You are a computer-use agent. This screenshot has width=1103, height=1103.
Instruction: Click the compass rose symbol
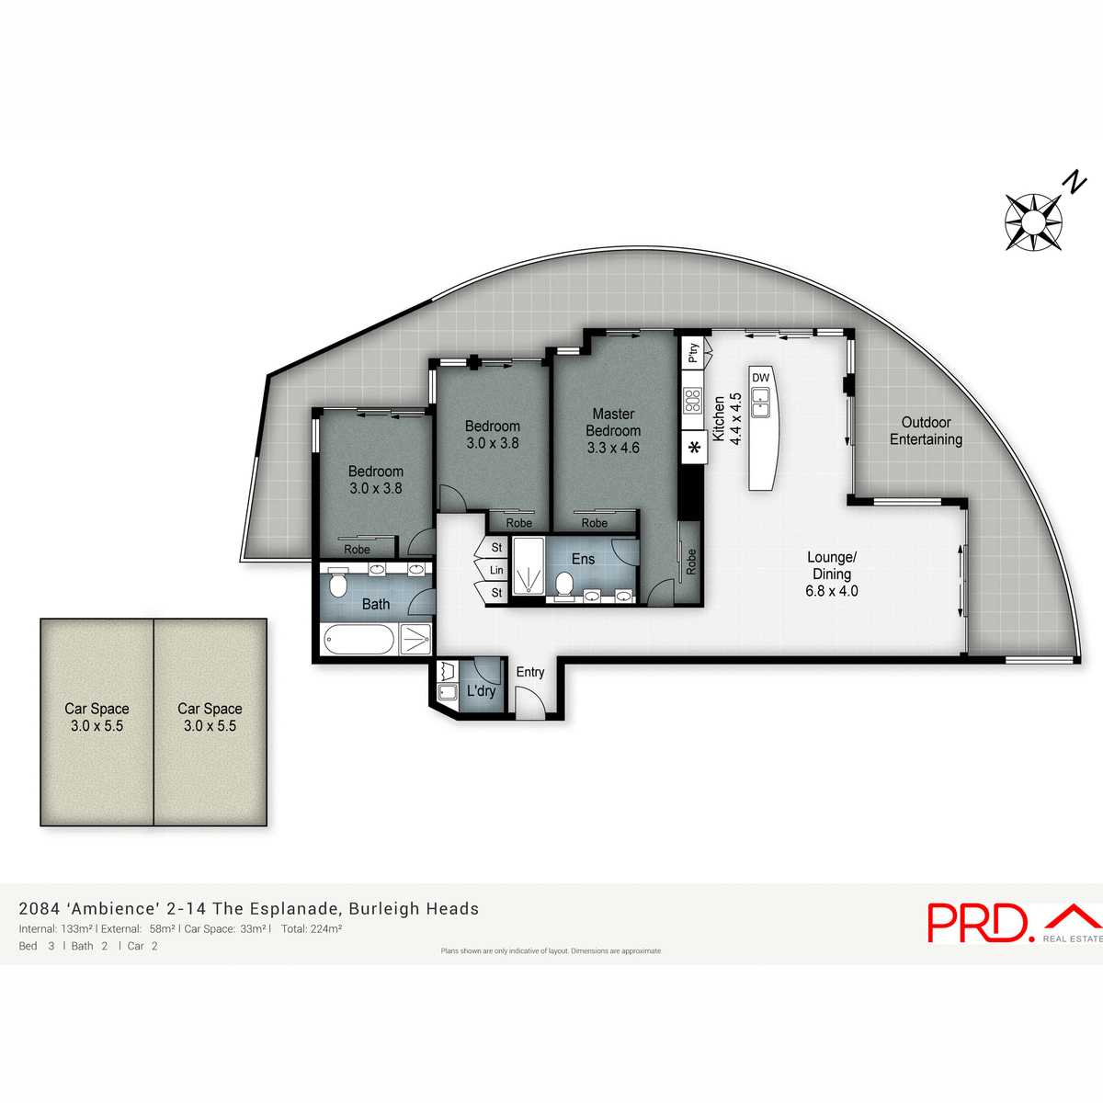1033,222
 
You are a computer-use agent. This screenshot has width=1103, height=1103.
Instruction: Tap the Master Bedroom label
613,431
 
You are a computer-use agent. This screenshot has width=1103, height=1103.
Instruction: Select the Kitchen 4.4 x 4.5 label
727,419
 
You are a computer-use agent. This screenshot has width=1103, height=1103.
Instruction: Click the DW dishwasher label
760,378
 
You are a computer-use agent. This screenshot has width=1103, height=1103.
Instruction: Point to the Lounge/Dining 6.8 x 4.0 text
832,574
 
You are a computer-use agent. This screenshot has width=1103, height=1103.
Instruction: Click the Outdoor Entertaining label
926,431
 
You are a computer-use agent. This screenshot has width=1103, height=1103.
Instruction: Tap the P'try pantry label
693,352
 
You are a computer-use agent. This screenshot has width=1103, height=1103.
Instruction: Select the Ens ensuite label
583,559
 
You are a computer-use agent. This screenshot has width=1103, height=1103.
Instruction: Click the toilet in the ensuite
564,584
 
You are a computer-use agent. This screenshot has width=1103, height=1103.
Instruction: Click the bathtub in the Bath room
358,639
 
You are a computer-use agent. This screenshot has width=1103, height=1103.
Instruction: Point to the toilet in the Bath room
337,585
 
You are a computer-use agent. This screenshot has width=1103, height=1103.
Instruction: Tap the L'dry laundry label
481,690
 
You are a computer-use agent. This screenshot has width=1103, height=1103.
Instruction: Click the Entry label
530,672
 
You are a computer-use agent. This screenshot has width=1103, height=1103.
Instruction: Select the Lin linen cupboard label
496,570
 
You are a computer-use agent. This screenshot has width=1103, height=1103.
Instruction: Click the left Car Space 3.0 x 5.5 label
97,717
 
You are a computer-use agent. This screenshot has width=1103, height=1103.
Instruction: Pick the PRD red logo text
976,923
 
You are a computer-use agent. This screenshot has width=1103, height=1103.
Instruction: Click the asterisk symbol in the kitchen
694,449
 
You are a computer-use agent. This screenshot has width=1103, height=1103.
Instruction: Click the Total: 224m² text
312,929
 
